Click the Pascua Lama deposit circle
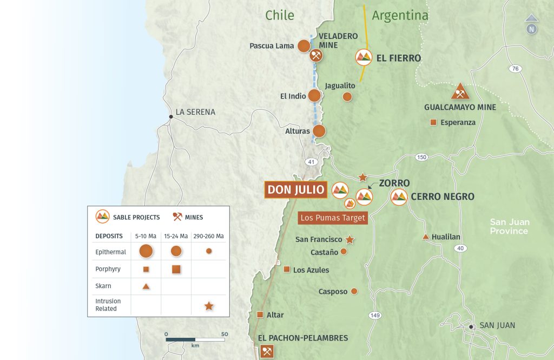tap(304, 46)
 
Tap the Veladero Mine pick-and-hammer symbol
tap(316, 55)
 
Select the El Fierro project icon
tap(364, 57)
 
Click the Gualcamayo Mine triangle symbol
tap(460, 92)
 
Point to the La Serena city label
tap(195, 112)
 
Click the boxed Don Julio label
tap(296, 190)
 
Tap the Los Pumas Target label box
tap(333, 218)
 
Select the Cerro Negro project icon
tap(399, 197)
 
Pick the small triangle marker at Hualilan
tap(426, 237)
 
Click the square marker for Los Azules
tap(287, 269)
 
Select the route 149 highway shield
tap(375, 315)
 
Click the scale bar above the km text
tap(195, 339)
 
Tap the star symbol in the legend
tap(209, 306)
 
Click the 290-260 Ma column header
tap(208, 236)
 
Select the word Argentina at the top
tap(400, 16)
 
